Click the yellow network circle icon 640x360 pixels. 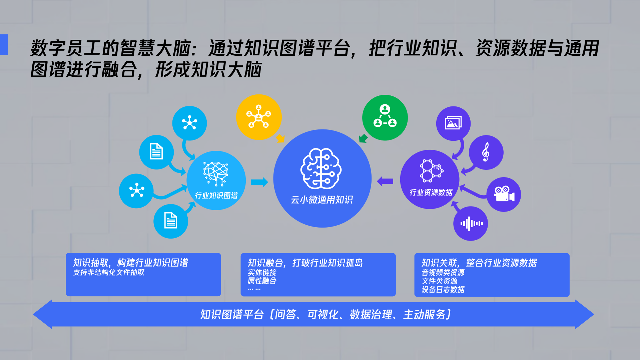[259, 117]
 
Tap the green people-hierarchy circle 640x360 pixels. [385, 117]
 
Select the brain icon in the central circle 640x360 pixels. [321, 168]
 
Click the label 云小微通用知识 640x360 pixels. [322, 200]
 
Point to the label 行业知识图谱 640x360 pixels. [216, 196]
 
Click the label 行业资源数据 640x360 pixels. [431, 192]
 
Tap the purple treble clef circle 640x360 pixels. [486, 152]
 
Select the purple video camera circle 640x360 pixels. [504, 194]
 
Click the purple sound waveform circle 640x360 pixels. [471, 224]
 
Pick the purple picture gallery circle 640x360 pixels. [453, 123]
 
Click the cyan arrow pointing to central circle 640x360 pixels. [259, 182]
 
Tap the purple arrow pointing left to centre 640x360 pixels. [385, 181]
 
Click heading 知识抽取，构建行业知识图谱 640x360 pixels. [130, 263]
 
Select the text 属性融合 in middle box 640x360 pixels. [262, 281]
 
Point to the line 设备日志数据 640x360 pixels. [443, 289]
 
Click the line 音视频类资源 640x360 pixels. [443, 272]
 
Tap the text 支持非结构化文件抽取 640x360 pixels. [109, 272]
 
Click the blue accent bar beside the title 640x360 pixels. [4, 45]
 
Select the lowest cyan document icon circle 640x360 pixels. [171, 221]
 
